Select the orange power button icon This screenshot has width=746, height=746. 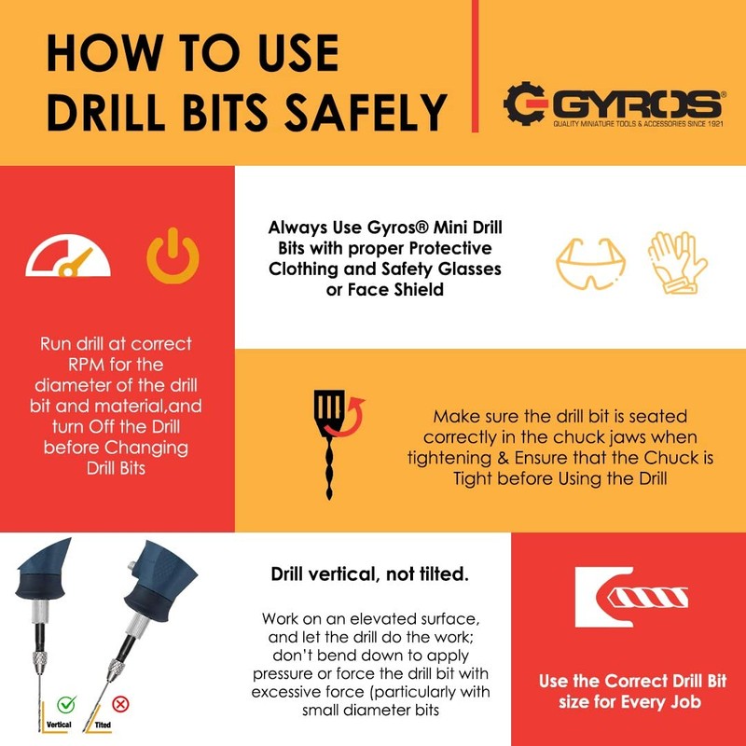point(173,257)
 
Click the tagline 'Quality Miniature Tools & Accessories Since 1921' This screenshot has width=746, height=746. point(638,124)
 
